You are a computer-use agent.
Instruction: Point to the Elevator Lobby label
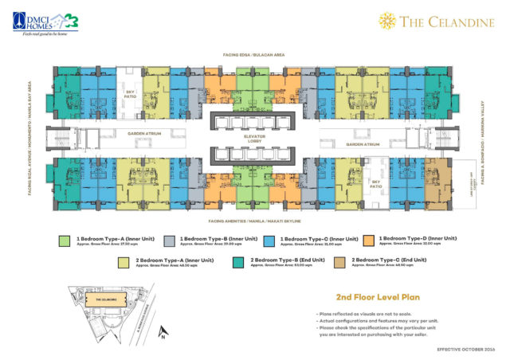[253, 139]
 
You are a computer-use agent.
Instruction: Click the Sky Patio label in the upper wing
[130, 93]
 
